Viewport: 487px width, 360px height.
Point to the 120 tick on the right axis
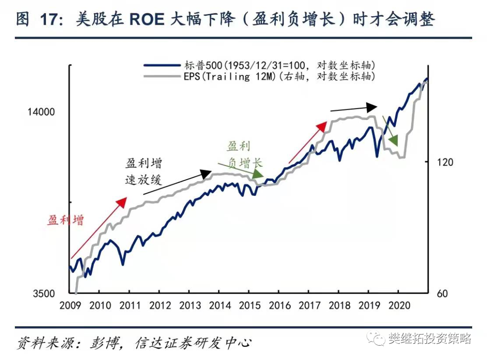click(445, 162)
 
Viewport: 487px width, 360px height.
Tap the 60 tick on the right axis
click(441, 294)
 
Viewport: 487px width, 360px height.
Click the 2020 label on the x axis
click(399, 305)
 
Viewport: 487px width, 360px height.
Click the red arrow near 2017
click(308, 142)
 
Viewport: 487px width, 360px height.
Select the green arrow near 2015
click(241, 169)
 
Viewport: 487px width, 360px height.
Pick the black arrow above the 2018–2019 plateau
click(354, 108)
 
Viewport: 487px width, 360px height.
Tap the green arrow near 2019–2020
click(390, 131)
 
